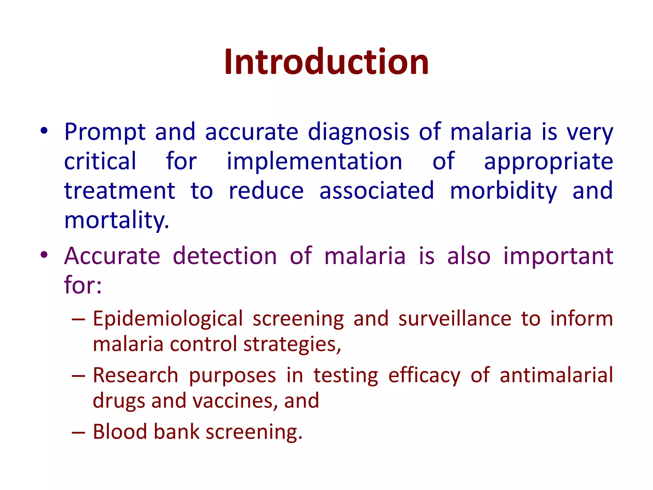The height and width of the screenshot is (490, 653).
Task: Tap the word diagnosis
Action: coord(358,132)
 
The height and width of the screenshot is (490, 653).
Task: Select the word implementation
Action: coord(314,161)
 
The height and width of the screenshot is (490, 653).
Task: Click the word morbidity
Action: coord(503,191)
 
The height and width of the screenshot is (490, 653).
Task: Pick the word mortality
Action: coord(116,220)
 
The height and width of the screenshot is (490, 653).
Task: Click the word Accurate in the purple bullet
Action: coord(112,256)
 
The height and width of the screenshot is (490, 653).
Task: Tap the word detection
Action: coord(225,256)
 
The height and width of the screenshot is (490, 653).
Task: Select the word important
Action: coord(558,256)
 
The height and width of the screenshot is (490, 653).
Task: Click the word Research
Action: coord(136,375)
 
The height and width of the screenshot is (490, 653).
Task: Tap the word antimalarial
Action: coord(556,375)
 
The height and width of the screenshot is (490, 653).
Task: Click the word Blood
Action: coord(120,432)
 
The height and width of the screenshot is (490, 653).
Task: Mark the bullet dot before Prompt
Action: coord(44,131)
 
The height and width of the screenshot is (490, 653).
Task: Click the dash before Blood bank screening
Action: coord(78,433)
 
